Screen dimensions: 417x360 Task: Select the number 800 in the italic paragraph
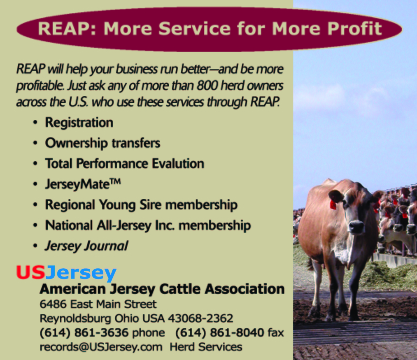[x=207, y=86]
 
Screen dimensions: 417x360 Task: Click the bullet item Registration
[x=79, y=123]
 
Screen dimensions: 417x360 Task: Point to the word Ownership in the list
[x=76, y=143]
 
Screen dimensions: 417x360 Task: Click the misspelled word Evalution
[x=178, y=163]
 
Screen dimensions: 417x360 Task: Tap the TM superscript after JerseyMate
[x=115, y=181]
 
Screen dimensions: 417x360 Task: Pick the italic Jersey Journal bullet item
[x=86, y=246]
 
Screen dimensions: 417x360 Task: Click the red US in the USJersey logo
[x=31, y=272]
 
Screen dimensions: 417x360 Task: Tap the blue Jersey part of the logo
[x=81, y=274]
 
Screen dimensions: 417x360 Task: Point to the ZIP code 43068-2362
[x=200, y=318]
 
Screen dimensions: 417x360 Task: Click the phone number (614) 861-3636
[x=84, y=333]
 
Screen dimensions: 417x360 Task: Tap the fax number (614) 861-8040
[x=220, y=333]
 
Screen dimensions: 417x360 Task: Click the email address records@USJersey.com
[x=101, y=347]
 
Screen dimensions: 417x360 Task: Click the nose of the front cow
[x=356, y=227]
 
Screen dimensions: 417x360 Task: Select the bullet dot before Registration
[x=35, y=123]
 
